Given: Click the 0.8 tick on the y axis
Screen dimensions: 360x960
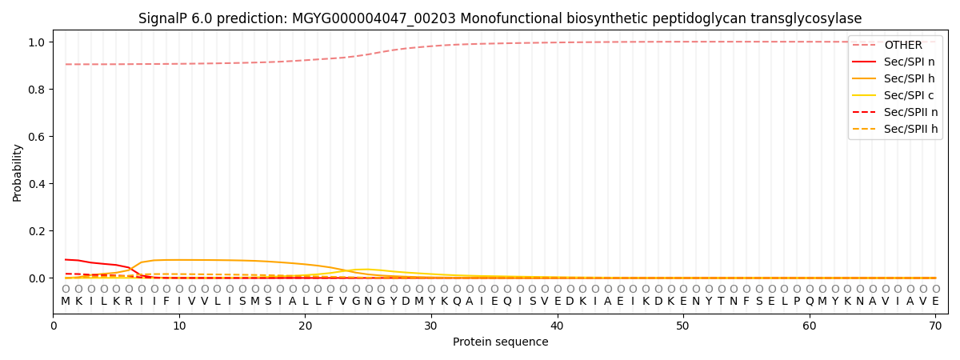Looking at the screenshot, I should [38, 90].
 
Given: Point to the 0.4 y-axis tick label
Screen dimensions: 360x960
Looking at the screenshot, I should [38, 184].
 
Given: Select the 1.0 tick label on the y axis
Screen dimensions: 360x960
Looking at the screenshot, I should [38, 42].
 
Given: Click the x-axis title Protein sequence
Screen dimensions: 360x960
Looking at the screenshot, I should [501, 342].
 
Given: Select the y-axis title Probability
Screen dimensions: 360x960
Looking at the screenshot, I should [18, 172].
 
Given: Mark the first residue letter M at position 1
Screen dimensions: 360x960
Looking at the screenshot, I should [66, 301].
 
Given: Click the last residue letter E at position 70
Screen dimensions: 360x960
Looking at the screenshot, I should [935, 301].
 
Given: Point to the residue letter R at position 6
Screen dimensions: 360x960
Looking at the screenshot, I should [129, 301].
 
